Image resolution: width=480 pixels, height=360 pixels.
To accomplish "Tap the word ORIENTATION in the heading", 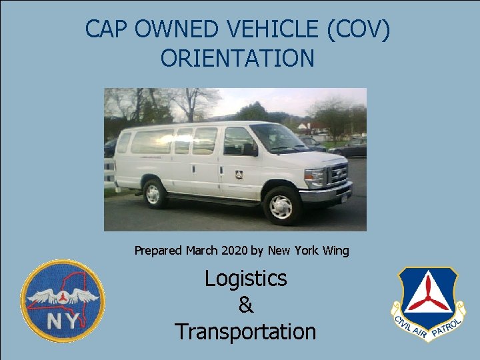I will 237,58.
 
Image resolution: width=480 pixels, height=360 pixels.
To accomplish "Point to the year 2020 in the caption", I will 235,251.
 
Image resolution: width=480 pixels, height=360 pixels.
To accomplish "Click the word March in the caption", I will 203,251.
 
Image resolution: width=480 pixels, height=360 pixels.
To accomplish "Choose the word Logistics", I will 245,278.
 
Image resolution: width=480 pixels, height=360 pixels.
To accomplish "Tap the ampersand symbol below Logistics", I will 245,305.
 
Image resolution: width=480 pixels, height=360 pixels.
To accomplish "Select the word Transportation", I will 245,331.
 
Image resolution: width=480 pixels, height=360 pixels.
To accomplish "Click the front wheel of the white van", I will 281,206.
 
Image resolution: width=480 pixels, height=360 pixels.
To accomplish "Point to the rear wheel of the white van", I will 153,193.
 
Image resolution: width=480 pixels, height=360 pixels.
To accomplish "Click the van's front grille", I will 338,175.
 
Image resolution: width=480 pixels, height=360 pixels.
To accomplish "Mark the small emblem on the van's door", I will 239,174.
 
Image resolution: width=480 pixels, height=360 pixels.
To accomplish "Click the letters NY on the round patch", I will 62,322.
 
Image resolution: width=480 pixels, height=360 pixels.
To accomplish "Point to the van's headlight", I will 314,177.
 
